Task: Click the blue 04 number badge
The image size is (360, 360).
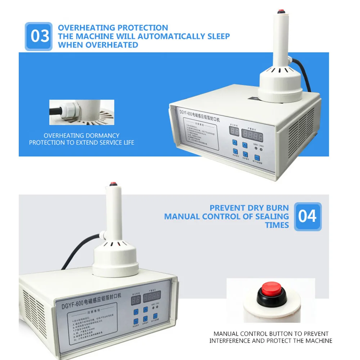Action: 307,216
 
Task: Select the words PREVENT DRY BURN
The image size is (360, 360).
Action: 249,208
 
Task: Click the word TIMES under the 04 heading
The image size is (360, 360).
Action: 277,225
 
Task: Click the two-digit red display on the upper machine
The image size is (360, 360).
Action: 234,132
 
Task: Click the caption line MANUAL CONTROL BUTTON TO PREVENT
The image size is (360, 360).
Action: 271,334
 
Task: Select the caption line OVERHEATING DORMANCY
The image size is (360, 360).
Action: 81,136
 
